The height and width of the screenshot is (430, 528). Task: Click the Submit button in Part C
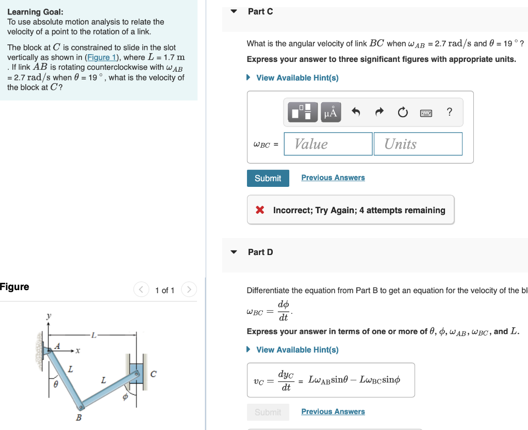(268, 178)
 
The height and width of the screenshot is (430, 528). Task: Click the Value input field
(328, 144)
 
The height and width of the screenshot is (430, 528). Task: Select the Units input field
(418, 144)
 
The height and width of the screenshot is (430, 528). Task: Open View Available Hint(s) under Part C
(297, 78)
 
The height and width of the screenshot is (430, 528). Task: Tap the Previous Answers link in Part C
(333, 178)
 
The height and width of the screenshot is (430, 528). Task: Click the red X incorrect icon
(260, 210)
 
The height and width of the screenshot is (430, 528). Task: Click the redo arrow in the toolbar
(379, 112)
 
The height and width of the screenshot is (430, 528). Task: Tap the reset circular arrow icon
(403, 112)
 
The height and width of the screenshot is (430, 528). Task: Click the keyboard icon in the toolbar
(426, 113)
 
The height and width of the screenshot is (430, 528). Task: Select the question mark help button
(450, 112)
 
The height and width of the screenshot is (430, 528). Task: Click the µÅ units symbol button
(331, 112)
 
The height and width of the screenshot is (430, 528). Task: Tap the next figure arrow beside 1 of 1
(189, 290)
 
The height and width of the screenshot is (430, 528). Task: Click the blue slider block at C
(137, 373)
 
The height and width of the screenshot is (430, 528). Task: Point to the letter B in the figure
(79, 417)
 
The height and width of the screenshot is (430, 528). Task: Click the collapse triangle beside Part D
(234, 252)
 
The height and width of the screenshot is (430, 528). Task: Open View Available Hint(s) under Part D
(297, 350)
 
